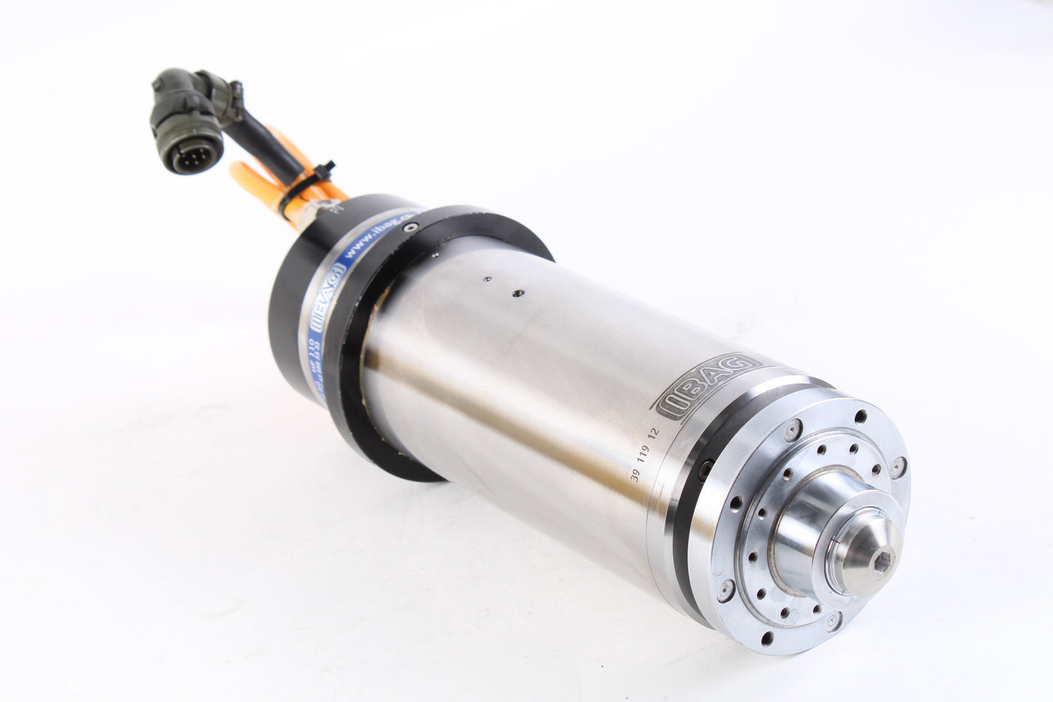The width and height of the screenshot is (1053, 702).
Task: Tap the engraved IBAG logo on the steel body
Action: (x=705, y=385)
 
